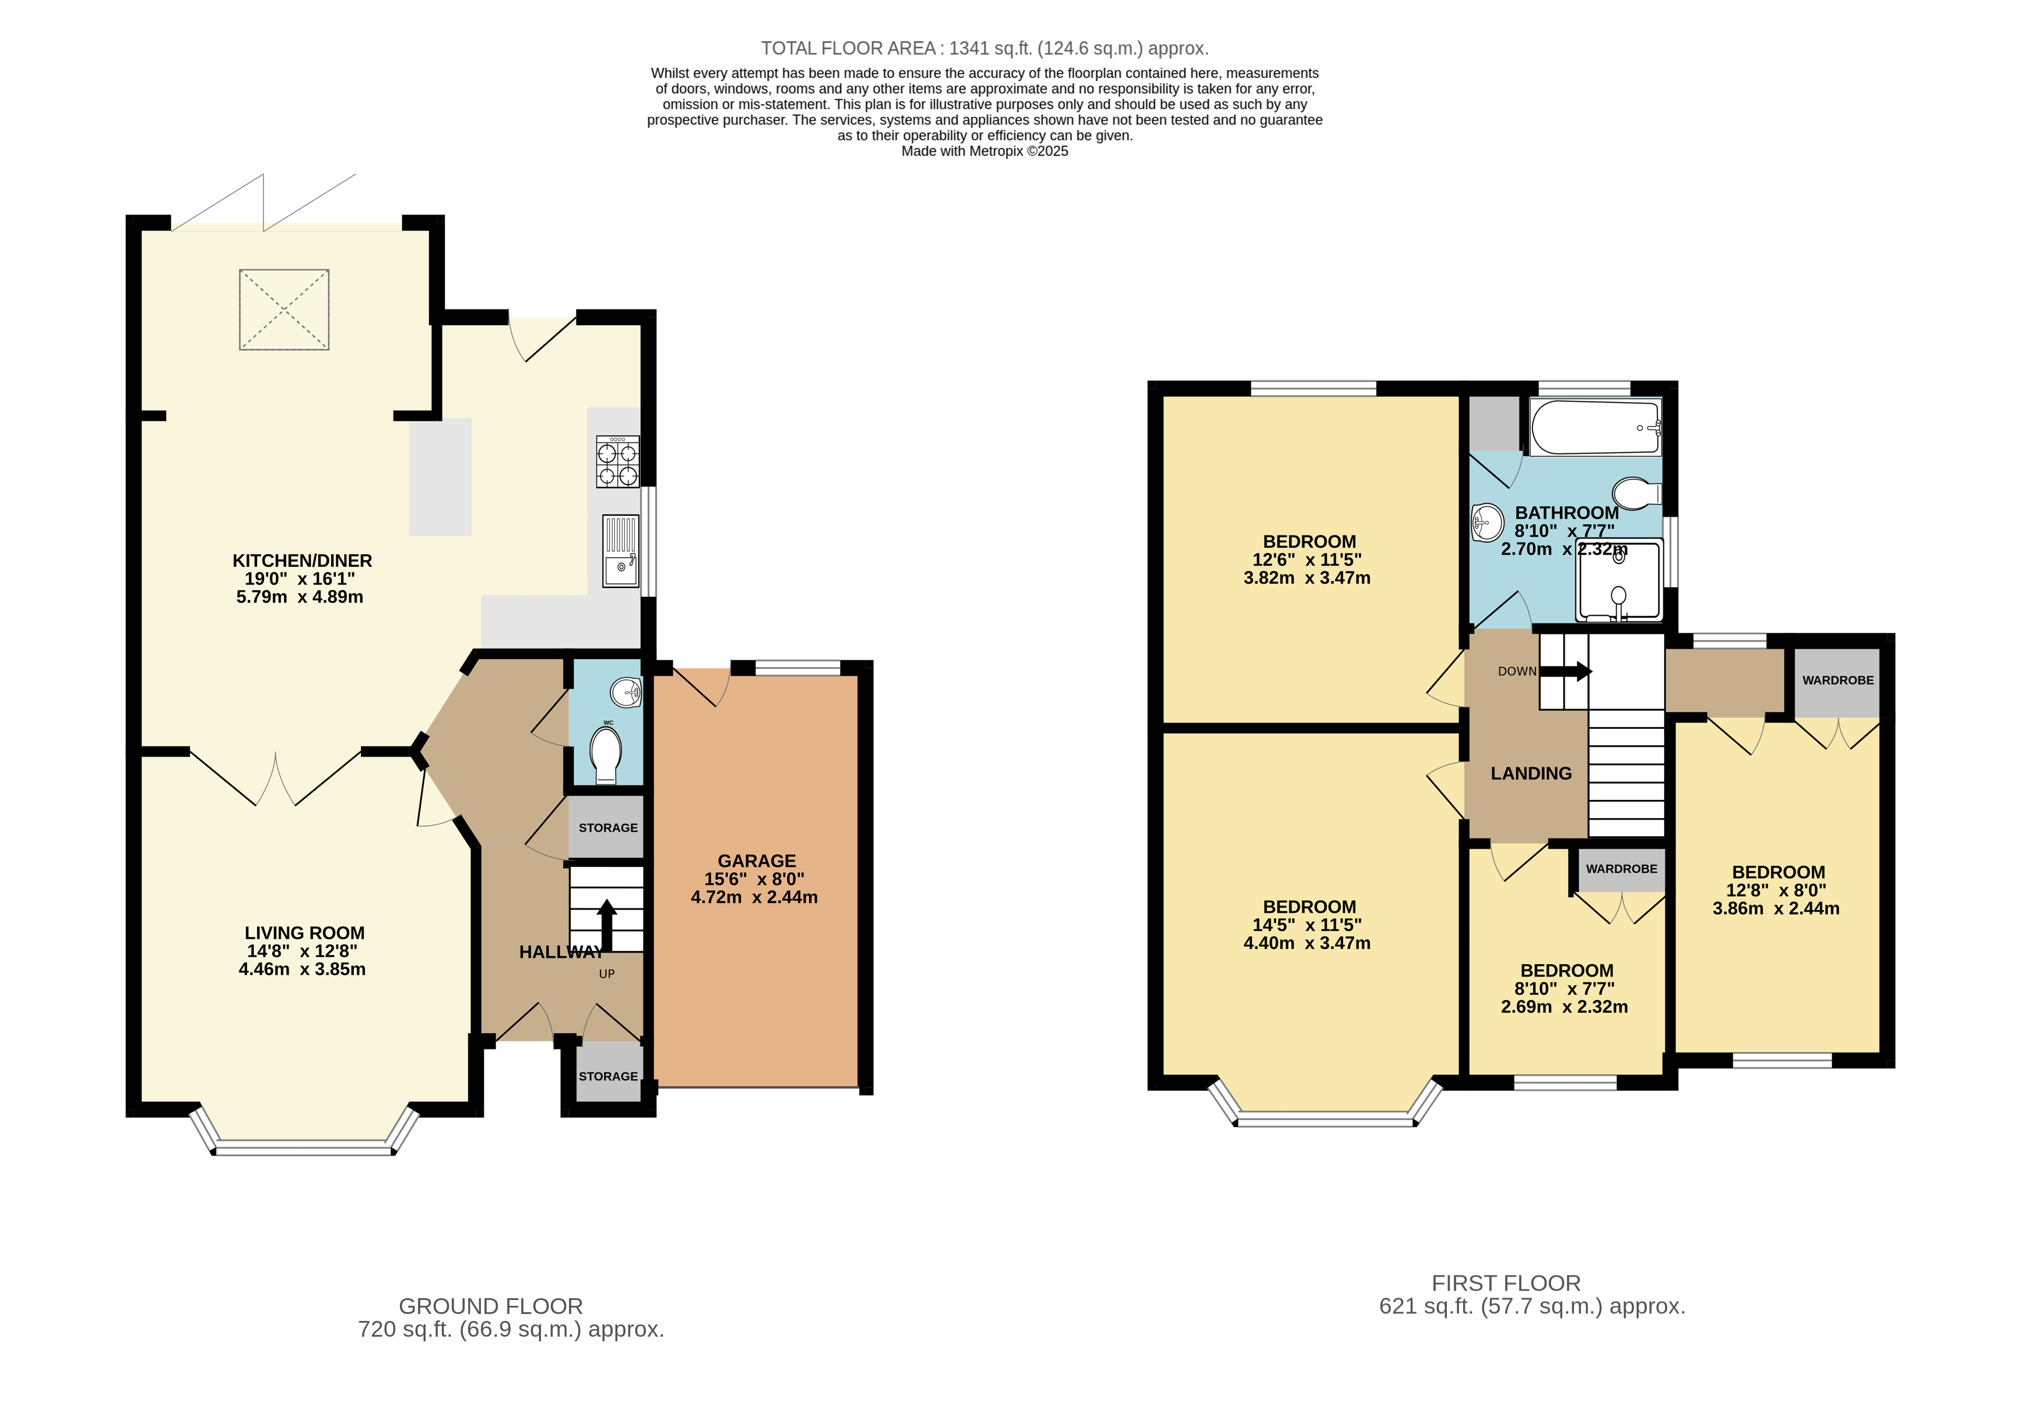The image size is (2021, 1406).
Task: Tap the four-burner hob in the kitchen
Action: coord(617,462)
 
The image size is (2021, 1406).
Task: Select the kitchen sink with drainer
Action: coord(621,551)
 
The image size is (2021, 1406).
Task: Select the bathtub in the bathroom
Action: coord(1594,427)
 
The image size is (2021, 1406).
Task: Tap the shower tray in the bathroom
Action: coord(1618,581)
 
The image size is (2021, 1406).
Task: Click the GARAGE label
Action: coord(756,861)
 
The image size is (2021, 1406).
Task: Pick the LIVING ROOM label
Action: coord(304,933)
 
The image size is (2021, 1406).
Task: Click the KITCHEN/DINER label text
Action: coord(302,561)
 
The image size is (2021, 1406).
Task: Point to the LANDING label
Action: coord(1531,773)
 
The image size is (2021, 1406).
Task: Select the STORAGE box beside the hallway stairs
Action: coord(607,827)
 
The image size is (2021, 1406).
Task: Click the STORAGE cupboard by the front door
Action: coord(607,1076)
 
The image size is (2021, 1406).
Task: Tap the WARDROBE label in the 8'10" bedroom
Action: coord(1621,868)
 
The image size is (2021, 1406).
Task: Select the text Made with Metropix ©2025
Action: coord(984,151)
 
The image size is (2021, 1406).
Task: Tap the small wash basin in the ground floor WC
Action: coord(628,692)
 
